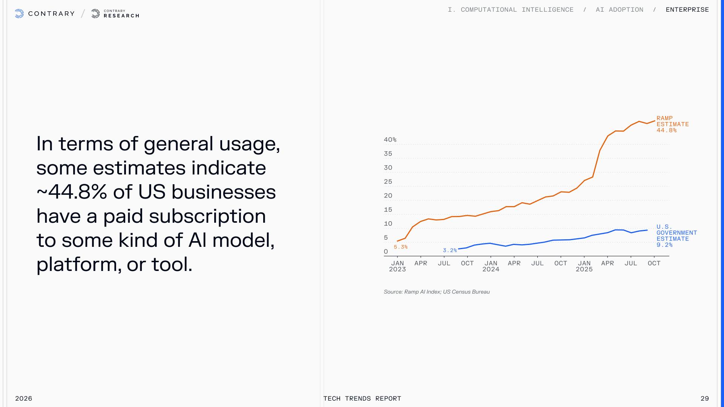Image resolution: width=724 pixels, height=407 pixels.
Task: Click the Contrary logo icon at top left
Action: coord(19,14)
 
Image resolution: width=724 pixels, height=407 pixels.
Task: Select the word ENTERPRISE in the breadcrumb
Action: coord(687,10)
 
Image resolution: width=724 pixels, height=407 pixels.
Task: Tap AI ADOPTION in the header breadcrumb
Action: coord(620,10)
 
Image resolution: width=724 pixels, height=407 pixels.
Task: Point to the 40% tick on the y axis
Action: coord(390,140)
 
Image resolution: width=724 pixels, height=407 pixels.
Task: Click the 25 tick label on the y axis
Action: coord(388,182)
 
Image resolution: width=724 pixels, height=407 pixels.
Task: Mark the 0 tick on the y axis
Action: coord(386,252)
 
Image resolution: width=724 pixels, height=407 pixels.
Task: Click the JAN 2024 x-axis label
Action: coord(491,266)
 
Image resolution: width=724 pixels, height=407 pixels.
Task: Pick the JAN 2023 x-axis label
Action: coord(397,266)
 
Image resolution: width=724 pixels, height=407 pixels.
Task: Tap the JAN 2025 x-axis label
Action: coord(584,266)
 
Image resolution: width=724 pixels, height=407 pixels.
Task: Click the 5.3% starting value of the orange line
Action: coord(400,247)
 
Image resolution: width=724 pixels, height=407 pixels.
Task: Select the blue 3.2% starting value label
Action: coord(449,251)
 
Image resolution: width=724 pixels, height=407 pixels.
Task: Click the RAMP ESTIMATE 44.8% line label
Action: coord(672,124)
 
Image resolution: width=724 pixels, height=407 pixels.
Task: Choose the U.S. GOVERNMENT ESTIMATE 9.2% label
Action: coord(676,236)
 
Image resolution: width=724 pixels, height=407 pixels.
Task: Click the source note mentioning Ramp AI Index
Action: coord(437,292)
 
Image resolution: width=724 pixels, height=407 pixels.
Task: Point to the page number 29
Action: coord(704,398)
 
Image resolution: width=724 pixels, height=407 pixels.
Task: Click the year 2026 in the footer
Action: coord(23,398)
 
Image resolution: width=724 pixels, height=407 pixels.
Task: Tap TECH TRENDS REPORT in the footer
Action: coord(362,398)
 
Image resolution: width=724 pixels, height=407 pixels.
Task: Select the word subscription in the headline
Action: coord(207,216)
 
